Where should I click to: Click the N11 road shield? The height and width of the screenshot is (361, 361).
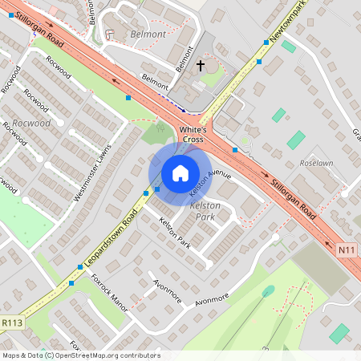click(347, 249)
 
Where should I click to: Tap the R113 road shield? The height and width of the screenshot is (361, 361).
click(11, 322)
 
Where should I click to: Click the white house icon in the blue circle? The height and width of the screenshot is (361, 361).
click(180, 172)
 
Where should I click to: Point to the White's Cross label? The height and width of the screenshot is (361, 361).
click(193, 134)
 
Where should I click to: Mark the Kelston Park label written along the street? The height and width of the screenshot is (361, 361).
click(174, 233)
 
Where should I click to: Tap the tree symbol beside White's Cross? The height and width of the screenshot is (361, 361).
click(163, 127)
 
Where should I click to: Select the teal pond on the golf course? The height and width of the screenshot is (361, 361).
click(268, 290)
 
